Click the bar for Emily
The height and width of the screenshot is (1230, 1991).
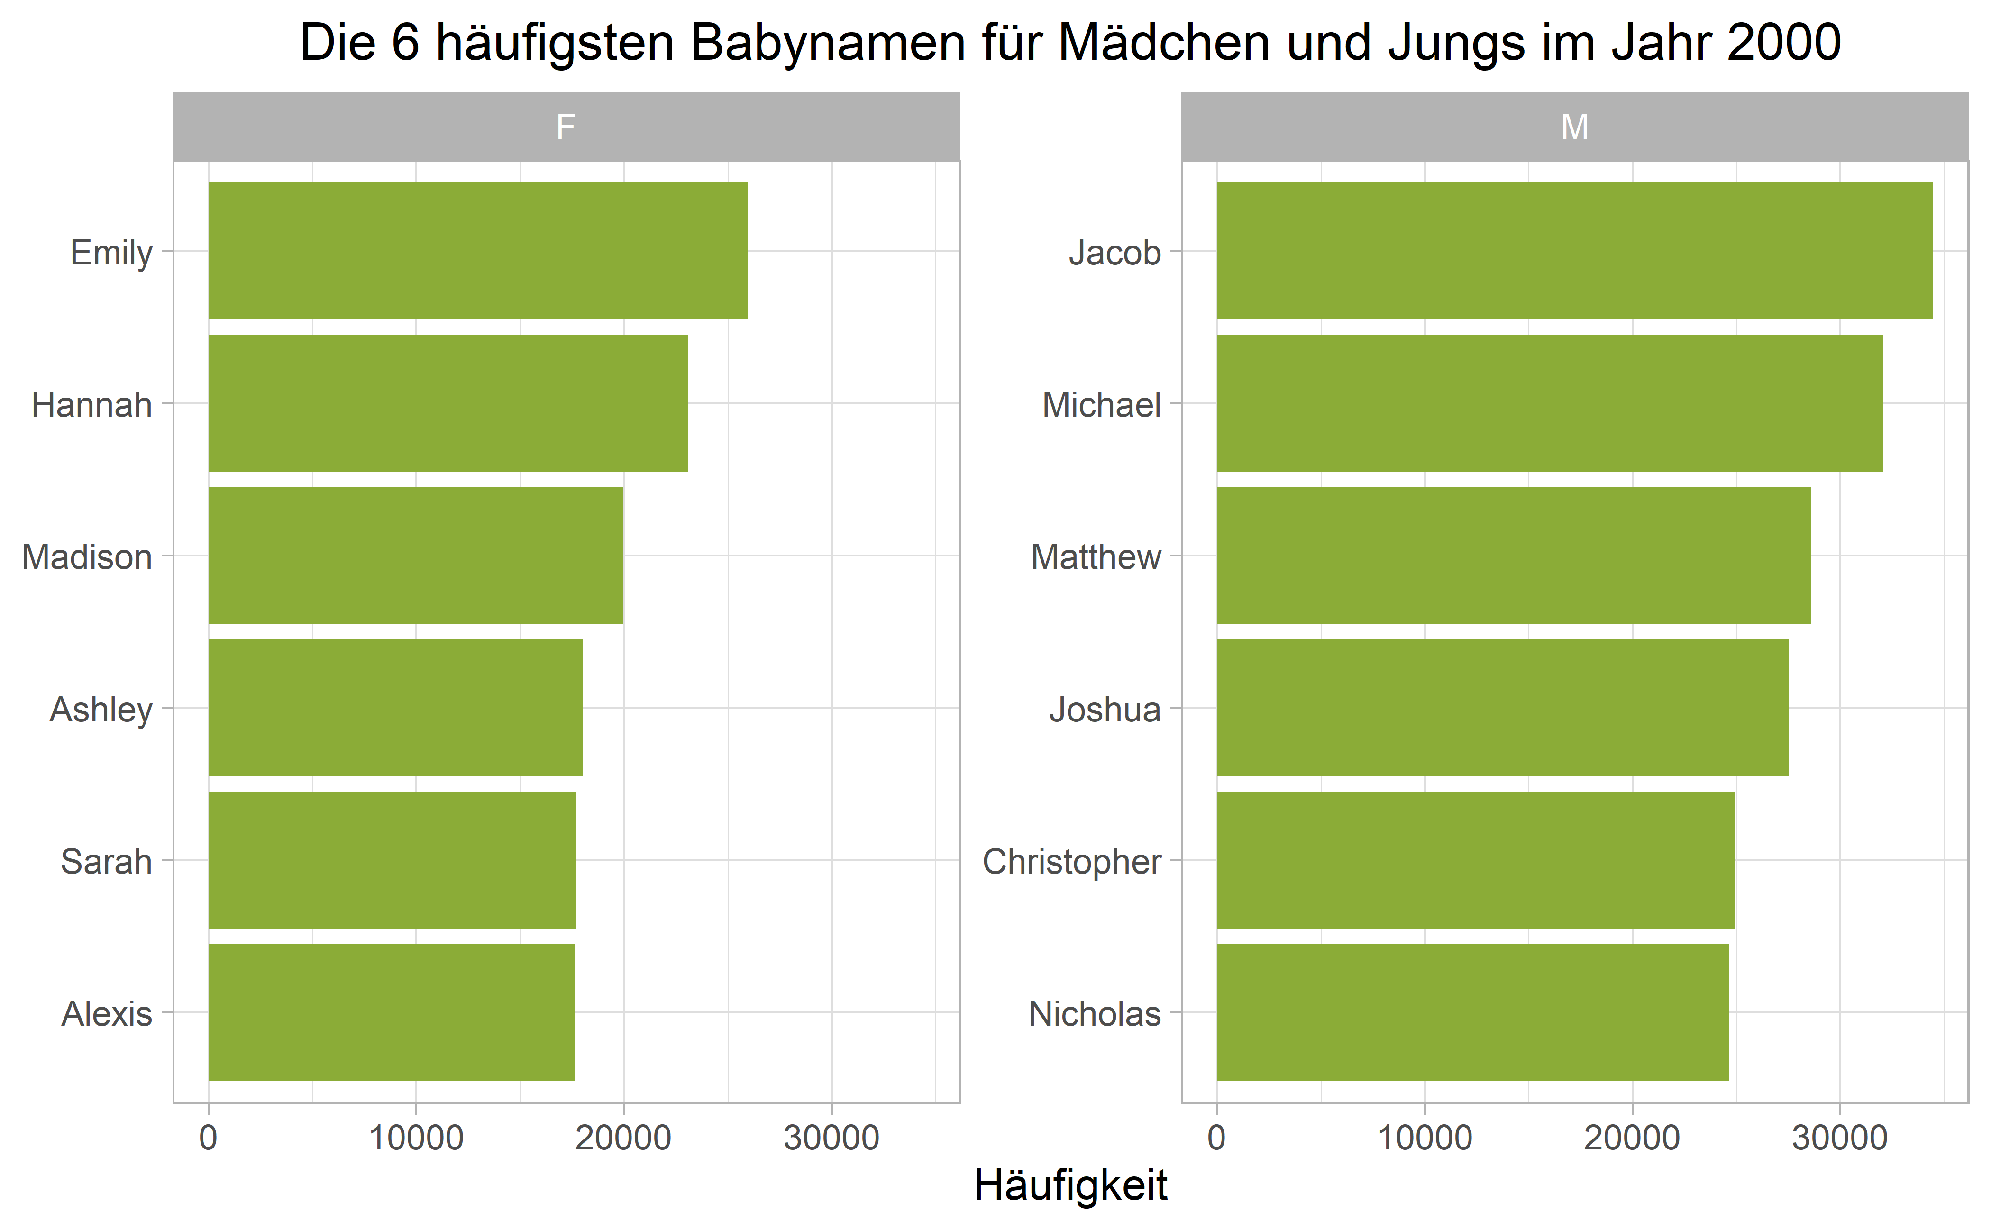[x=478, y=251]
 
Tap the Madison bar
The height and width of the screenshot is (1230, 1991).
[x=416, y=556]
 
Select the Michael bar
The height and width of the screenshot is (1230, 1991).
[x=1549, y=403]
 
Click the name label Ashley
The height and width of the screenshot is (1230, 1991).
[x=101, y=710]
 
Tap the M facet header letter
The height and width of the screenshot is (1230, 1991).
[x=1574, y=127]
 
